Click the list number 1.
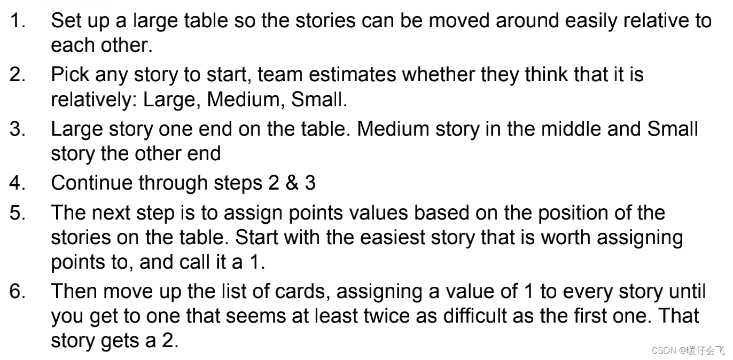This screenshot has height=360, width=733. point(18,21)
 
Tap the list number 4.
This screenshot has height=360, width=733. point(17,183)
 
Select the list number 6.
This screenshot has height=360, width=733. point(17,291)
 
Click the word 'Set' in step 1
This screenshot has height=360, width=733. point(64,21)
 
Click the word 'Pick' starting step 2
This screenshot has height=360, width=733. point(70,74)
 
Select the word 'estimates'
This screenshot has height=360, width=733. point(352,75)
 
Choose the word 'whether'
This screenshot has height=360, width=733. point(438,74)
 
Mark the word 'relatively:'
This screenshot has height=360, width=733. point(94,99)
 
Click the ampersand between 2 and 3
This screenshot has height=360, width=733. point(292,183)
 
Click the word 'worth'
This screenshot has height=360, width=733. point(565,237)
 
